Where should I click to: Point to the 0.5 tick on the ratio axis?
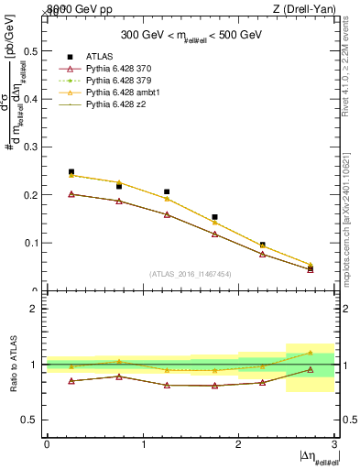pos(30,420)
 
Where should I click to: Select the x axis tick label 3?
pos(334,444)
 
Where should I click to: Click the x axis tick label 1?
pos(143,444)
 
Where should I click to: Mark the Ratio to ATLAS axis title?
pos(12,365)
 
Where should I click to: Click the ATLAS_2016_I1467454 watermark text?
pos(190,274)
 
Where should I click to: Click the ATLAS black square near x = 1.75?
pos(214,217)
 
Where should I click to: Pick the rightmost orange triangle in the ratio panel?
pos(310,353)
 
